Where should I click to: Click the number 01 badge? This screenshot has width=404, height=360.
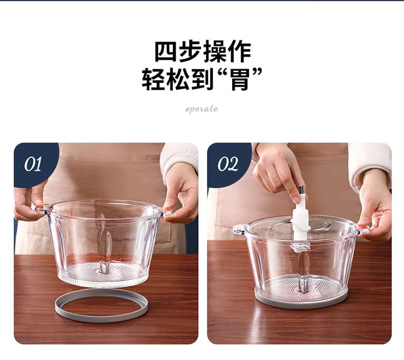(33, 164)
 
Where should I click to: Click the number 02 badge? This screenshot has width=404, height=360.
(227, 164)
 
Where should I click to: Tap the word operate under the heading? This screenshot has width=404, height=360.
(202, 109)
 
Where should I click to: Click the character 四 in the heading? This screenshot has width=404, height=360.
(165, 52)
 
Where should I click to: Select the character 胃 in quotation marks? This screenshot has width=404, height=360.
(240, 79)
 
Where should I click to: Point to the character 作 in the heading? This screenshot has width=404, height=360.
(239, 52)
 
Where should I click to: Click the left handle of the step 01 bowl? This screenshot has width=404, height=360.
(41, 208)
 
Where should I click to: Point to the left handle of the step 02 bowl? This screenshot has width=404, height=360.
(239, 229)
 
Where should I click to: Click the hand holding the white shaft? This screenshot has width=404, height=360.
(276, 173)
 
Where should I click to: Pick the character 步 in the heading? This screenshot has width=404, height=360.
(190, 52)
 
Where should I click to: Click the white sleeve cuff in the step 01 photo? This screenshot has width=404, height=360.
(178, 159)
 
